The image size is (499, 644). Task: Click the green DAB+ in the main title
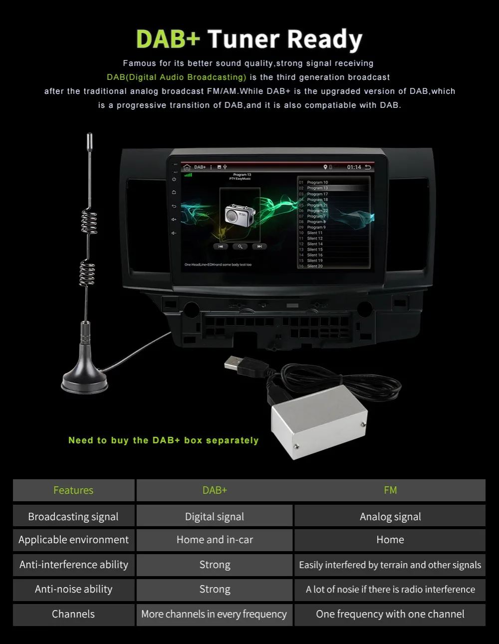click(x=168, y=39)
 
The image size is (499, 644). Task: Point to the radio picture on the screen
click(x=240, y=214)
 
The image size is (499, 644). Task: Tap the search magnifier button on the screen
click(x=240, y=247)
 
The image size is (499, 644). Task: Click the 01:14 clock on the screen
click(x=354, y=167)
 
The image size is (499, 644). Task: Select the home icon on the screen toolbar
click(x=187, y=167)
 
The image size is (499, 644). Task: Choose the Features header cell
click(x=73, y=490)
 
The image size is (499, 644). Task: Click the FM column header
click(x=390, y=490)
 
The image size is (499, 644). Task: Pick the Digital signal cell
click(x=215, y=516)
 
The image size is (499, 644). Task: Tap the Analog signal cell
click(x=390, y=516)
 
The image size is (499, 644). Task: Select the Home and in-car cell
click(x=215, y=540)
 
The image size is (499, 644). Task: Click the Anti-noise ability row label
click(x=73, y=589)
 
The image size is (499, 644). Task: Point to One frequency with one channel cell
click(x=390, y=614)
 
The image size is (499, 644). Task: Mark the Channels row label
click(x=73, y=614)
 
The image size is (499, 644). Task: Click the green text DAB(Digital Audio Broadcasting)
click(x=177, y=77)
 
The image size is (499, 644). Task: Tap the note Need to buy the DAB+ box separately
click(x=163, y=440)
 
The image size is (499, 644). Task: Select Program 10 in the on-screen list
click(x=317, y=182)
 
